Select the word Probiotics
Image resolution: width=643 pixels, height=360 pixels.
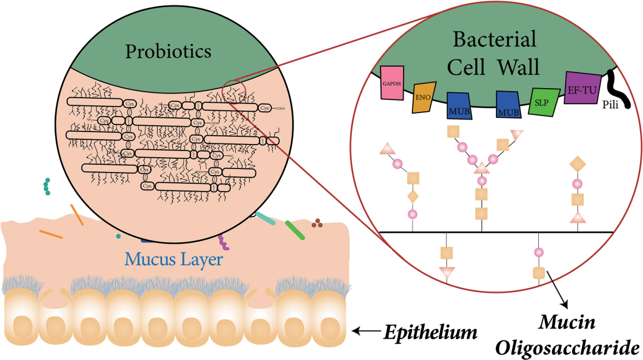tap(168, 52)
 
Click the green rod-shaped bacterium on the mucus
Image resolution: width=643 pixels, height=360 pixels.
tap(295, 230)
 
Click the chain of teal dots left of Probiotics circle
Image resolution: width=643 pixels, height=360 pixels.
tap(46, 187)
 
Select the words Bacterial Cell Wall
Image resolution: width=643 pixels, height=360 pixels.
tap(494, 52)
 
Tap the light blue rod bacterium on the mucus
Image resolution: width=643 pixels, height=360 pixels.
tap(265, 218)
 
